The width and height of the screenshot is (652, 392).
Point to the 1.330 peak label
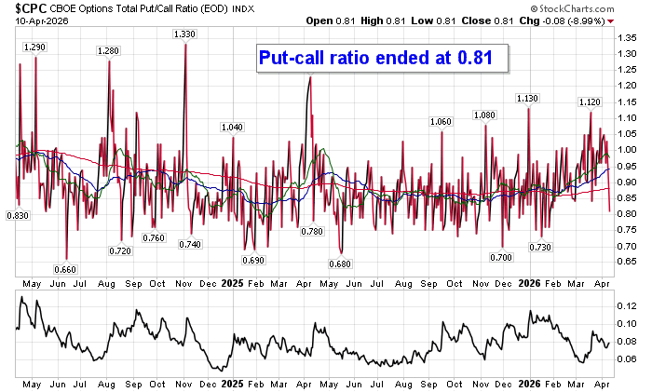click(184, 34)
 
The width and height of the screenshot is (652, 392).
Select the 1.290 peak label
click(34, 47)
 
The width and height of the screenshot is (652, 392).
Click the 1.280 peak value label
click(108, 50)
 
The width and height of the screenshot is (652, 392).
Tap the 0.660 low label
click(65, 269)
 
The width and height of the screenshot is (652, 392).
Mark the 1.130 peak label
click(527, 98)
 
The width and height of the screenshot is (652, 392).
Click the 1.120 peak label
click(589, 101)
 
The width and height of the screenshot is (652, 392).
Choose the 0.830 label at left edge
click(18, 215)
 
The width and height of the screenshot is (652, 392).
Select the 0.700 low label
click(502, 256)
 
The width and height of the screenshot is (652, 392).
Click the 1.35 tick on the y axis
click(626, 37)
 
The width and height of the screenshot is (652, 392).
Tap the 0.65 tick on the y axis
click(626, 262)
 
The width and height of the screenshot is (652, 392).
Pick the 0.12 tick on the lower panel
click(626, 305)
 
